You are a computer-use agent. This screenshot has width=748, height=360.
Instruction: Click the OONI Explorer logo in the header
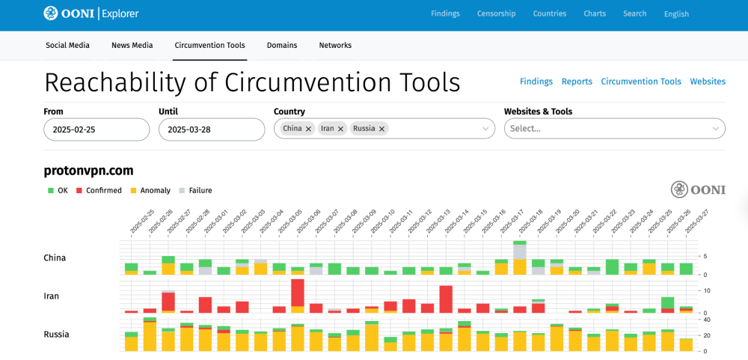point(91,13)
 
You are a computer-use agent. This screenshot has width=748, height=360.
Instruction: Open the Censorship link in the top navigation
point(497,13)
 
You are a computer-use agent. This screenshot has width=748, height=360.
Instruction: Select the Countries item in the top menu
point(549,13)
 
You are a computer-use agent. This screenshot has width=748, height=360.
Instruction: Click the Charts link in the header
point(595,13)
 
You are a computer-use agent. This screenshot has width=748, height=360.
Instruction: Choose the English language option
point(676,13)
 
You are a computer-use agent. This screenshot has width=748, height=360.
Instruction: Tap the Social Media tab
point(67,46)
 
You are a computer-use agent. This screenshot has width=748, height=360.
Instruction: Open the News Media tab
point(132,46)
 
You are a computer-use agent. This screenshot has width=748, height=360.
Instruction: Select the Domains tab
point(282,46)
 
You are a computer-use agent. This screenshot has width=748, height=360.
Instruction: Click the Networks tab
point(335,46)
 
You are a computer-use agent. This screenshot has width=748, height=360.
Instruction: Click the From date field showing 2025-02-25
point(96,129)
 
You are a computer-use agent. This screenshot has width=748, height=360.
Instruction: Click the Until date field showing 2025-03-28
point(212,129)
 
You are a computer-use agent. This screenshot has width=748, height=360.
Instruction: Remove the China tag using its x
point(308,129)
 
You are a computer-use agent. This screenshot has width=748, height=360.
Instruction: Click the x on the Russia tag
point(381,129)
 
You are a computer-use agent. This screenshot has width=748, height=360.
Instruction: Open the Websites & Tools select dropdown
point(614,129)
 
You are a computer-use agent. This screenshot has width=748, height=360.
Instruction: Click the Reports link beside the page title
point(577,82)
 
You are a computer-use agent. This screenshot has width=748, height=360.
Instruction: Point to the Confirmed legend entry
point(102,191)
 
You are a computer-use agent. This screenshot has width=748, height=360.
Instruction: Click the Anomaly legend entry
point(154,191)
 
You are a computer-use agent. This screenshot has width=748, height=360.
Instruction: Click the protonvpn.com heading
point(88,170)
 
